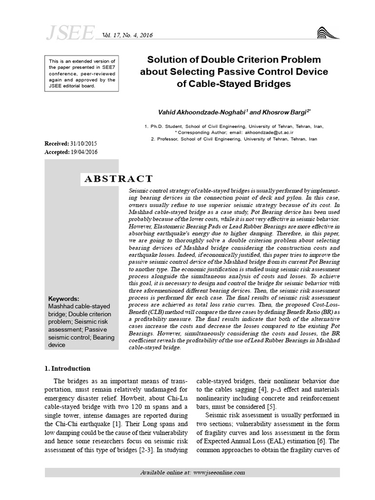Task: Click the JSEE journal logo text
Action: [x=70, y=33]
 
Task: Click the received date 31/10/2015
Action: [x=85, y=144]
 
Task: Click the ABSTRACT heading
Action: [x=119, y=179]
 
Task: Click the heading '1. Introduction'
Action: [x=67, y=368]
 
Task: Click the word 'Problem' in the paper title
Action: [x=298, y=60]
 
